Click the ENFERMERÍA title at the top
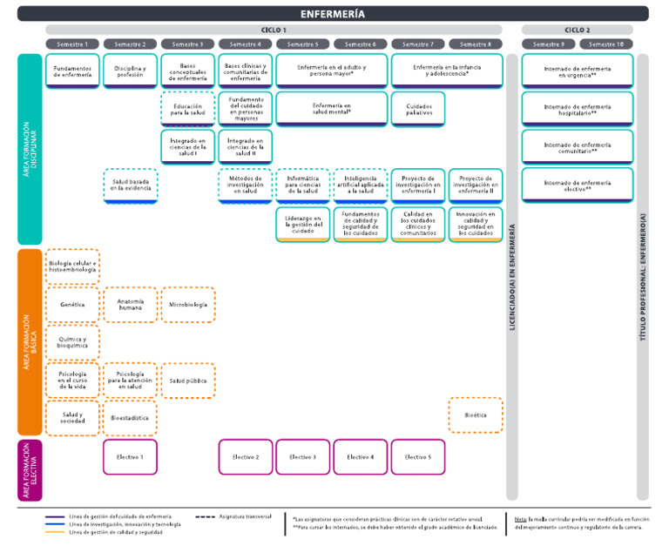pyautogui.click(x=334, y=14)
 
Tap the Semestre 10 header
pyautogui.click(x=606, y=44)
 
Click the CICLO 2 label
pyautogui.click(x=577, y=30)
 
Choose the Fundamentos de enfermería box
pyautogui.click(x=72, y=71)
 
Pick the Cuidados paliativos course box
pyautogui.click(x=418, y=108)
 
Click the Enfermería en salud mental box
pyautogui.click(x=331, y=108)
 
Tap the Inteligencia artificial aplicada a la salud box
pyautogui.click(x=361, y=185)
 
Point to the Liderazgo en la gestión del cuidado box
pyautogui.click(x=303, y=224)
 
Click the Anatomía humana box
pyautogui.click(x=130, y=305)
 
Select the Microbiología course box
pyautogui.click(x=188, y=305)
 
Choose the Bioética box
pyautogui.click(x=476, y=415)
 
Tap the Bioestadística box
pyautogui.click(x=130, y=418)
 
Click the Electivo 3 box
pyautogui.click(x=303, y=456)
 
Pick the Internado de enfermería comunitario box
pyautogui.click(x=577, y=146)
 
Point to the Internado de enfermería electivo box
pyautogui.click(x=577, y=185)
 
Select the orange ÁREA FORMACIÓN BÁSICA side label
pyautogui.click(x=30, y=341)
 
